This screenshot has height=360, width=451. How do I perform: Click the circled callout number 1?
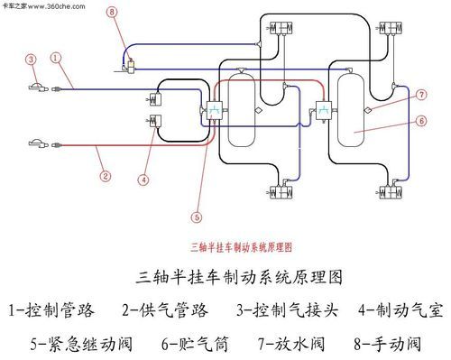click(57, 57)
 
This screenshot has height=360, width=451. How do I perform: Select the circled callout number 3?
click(31, 60)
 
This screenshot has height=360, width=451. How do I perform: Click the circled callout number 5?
click(197, 216)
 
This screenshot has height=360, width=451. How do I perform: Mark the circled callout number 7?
click(421, 95)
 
